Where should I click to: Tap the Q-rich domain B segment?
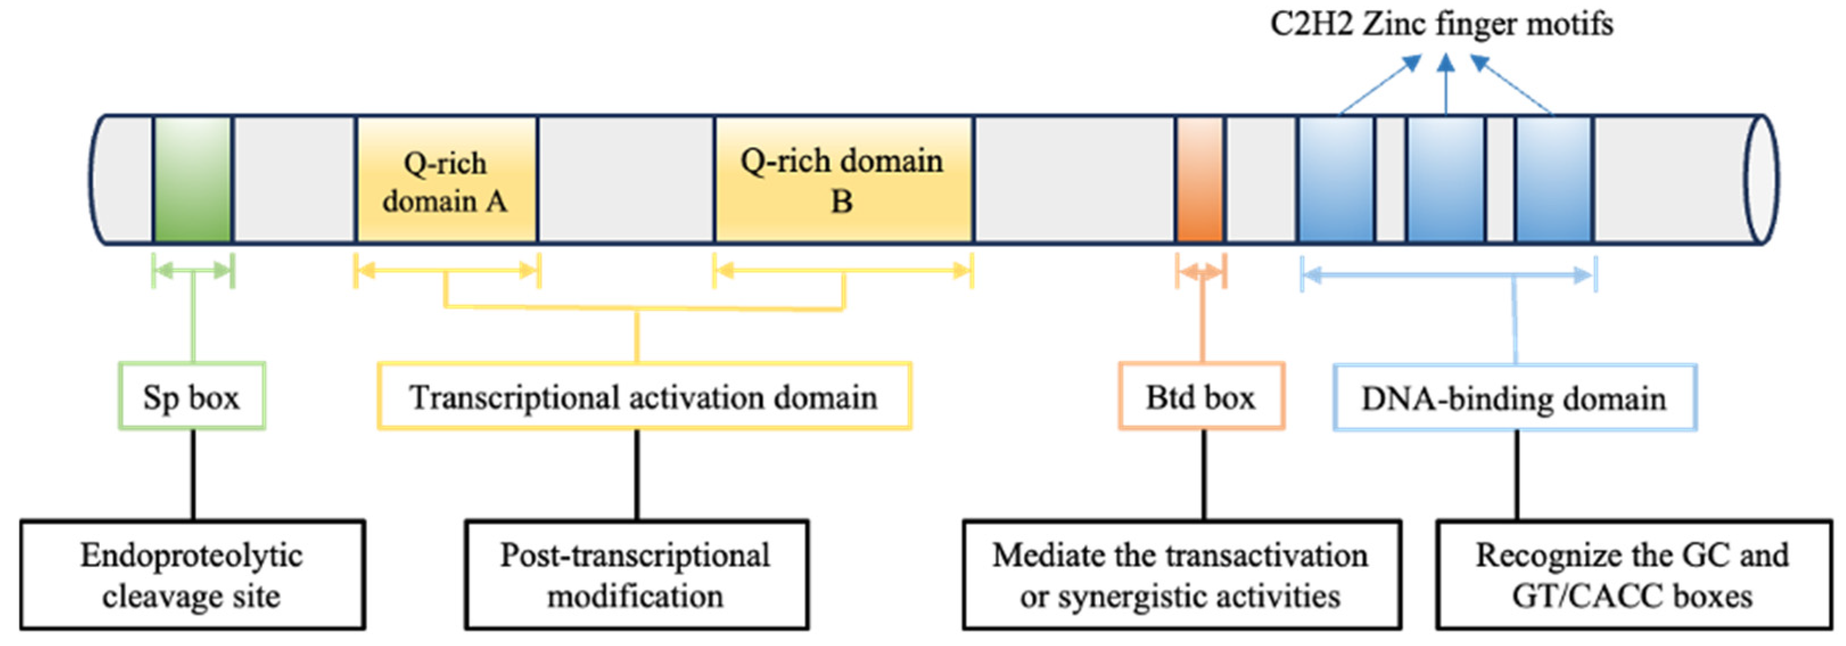843,179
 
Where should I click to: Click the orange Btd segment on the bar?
1200,179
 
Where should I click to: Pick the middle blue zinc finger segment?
1445,179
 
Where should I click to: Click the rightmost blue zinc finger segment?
1554,179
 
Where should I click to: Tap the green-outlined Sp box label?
192,397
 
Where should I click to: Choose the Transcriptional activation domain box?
644,397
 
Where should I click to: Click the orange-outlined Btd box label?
1201,397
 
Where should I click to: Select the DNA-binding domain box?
1514,398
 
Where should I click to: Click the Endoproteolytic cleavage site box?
192,575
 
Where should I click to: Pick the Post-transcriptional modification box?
636,575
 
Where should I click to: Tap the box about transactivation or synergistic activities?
1181,575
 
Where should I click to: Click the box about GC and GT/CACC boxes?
1633,575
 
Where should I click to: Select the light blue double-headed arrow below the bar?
1448,274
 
